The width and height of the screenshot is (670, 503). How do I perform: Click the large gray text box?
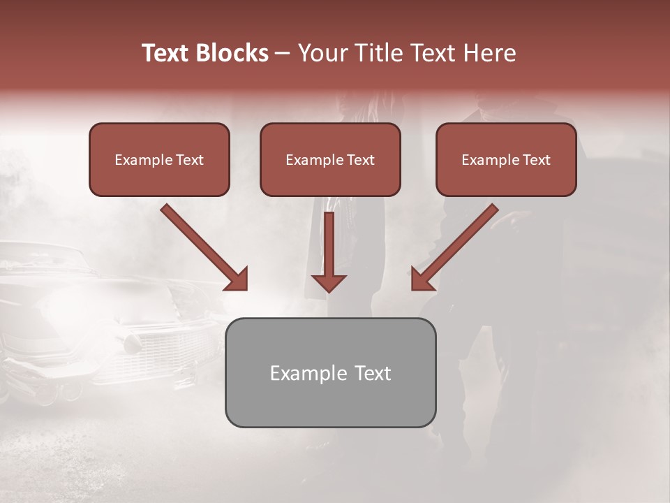click(x=330, y=398)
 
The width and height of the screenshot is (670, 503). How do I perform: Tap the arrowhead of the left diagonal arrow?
click(x=238, y=280)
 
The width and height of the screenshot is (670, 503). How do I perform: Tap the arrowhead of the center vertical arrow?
click(x=329, y=282)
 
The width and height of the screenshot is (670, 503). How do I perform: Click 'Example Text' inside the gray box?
click(x=330, y=373)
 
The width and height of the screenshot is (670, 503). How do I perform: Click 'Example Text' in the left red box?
click(x=159, y=160)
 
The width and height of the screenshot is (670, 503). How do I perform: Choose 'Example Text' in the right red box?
click(x=506, y=160)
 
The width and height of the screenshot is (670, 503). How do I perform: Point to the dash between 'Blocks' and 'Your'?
click(x=283, y=54)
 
